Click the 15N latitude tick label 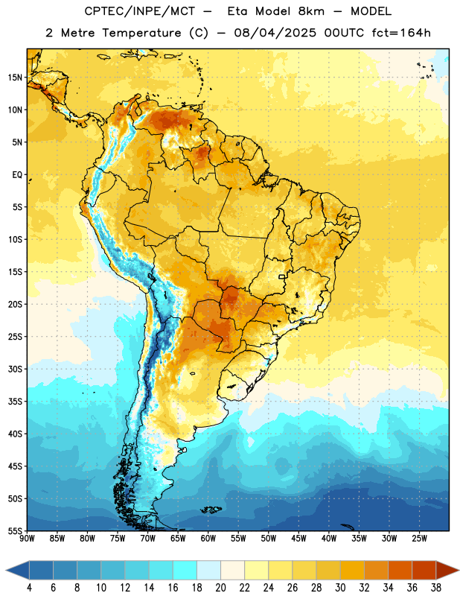[15, 77]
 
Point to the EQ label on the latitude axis [17, 175]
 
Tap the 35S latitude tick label [15, 402]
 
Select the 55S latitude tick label [15, 531]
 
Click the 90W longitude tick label [27, 539]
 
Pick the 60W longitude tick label [208, 539]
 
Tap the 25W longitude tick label [419, 539]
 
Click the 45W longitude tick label [298, 539]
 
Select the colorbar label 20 [220, 588]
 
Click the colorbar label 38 [436, 588]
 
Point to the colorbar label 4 [29, 588]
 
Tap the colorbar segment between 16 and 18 [185, 570]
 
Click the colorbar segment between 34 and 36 [400, 570]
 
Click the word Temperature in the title [141, 33]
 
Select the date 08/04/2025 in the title [275, 33]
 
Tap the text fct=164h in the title [401, 33]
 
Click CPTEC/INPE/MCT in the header [140, 11]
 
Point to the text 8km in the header [311, 11]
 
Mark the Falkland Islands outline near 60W [211, 510]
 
